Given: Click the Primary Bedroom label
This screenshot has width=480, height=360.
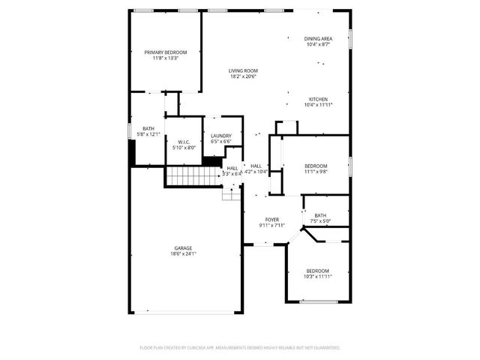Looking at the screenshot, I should pos(166,52).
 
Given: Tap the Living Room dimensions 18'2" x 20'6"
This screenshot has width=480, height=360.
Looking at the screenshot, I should pos(243,76).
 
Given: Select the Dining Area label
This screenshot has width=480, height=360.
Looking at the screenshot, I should pos(318,38).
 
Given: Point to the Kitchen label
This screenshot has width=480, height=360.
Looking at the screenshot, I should pos(318,99).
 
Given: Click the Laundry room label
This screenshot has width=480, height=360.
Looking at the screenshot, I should pos(220,136).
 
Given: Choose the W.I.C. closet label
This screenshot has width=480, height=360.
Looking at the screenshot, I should pos(184,142).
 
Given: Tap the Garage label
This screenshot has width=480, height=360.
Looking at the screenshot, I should pos(184,247).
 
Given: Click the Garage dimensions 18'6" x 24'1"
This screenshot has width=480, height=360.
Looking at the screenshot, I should pos(184,253).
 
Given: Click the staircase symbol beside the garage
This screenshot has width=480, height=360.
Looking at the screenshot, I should pos(190,177).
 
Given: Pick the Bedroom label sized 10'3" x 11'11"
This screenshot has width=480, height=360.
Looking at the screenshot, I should pos(317,271).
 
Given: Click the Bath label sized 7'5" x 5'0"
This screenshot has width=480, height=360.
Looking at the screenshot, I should pos(320,215).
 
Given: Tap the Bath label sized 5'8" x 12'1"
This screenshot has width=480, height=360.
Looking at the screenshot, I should pos(148,128).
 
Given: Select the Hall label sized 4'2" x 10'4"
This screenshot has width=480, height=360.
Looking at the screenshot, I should pos(256,166).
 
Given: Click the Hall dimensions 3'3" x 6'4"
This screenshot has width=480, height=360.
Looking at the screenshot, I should pos(232,174).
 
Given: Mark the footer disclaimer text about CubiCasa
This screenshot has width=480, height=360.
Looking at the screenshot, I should pos(240,348).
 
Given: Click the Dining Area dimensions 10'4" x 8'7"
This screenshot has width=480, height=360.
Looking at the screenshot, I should pos(318,45).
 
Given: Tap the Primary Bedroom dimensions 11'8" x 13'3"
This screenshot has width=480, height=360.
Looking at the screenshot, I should pos(166,58).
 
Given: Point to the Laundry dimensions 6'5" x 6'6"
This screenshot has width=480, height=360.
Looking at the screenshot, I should pos(220,142).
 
